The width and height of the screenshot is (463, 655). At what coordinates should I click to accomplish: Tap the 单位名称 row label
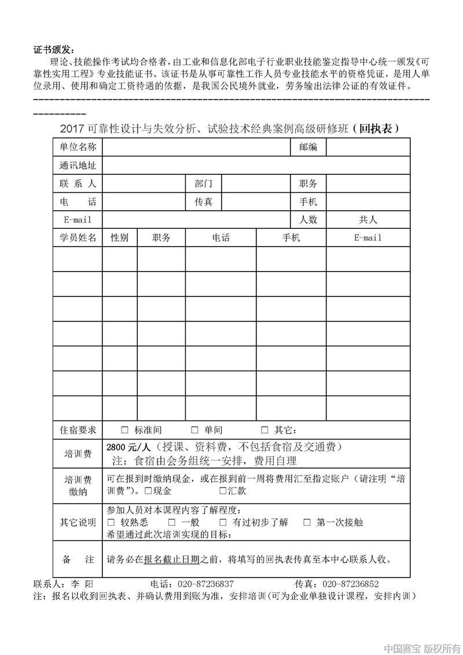click(x=78, y=148)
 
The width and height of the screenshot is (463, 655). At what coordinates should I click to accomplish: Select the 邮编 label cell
click(x=308, y=148)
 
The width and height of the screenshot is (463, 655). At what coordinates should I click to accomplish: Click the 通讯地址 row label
click(x=78, y=166)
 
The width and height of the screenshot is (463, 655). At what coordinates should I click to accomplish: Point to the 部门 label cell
click(x=203, y=184)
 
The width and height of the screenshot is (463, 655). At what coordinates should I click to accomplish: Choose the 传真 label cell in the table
click(x=203, y=202)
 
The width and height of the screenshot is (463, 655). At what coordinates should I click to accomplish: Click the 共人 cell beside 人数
click(x=368, y=220)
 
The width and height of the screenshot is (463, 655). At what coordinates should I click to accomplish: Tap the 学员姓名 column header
click(x=78, y=238)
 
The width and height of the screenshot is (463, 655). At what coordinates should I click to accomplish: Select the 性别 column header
click(x=120, y=238)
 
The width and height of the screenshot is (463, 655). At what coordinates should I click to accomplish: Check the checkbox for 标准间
click(x=125, y=430)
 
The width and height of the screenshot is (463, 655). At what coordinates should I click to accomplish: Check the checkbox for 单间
click(x=194, y=430)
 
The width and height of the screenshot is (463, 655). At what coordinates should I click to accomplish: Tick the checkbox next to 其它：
click(x=264, y=430)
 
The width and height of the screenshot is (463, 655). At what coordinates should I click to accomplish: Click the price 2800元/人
click(x=128, y=448)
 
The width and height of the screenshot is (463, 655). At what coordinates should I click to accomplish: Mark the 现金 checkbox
click(x=148, y=491)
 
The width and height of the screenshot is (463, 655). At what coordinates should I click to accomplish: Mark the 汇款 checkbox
click(x=223, y=491)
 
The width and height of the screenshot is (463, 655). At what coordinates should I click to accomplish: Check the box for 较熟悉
click(x=111, y=522)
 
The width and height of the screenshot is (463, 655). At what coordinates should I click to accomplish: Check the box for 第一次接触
click(x=307, y=522)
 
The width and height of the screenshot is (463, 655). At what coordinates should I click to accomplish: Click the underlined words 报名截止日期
click(x=172, y=559)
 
